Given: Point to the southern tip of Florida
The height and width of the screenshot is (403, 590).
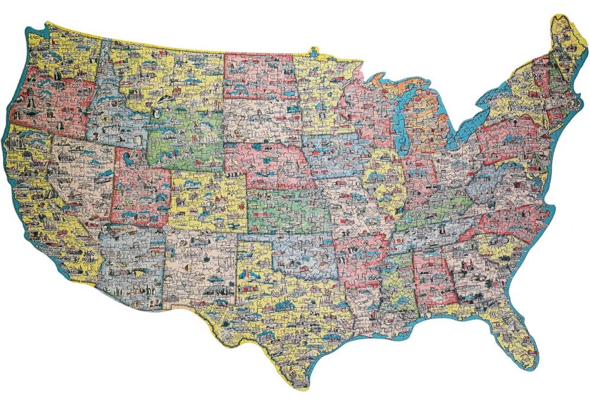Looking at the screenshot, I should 530,360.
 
